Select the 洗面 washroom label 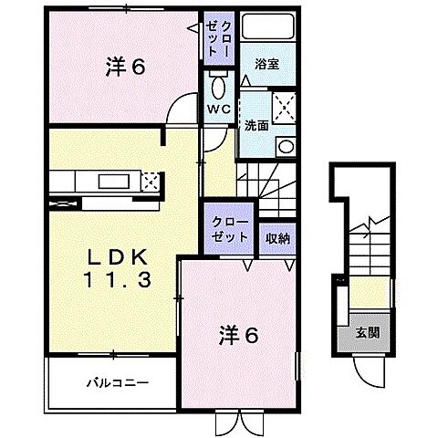click(255, 126)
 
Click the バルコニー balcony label click(118, 381)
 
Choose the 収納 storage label click(277, 238)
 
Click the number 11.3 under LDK click(118, 281)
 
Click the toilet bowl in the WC click(217, 88)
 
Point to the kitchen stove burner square click(151, 181)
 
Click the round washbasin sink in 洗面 click(284, 147)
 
